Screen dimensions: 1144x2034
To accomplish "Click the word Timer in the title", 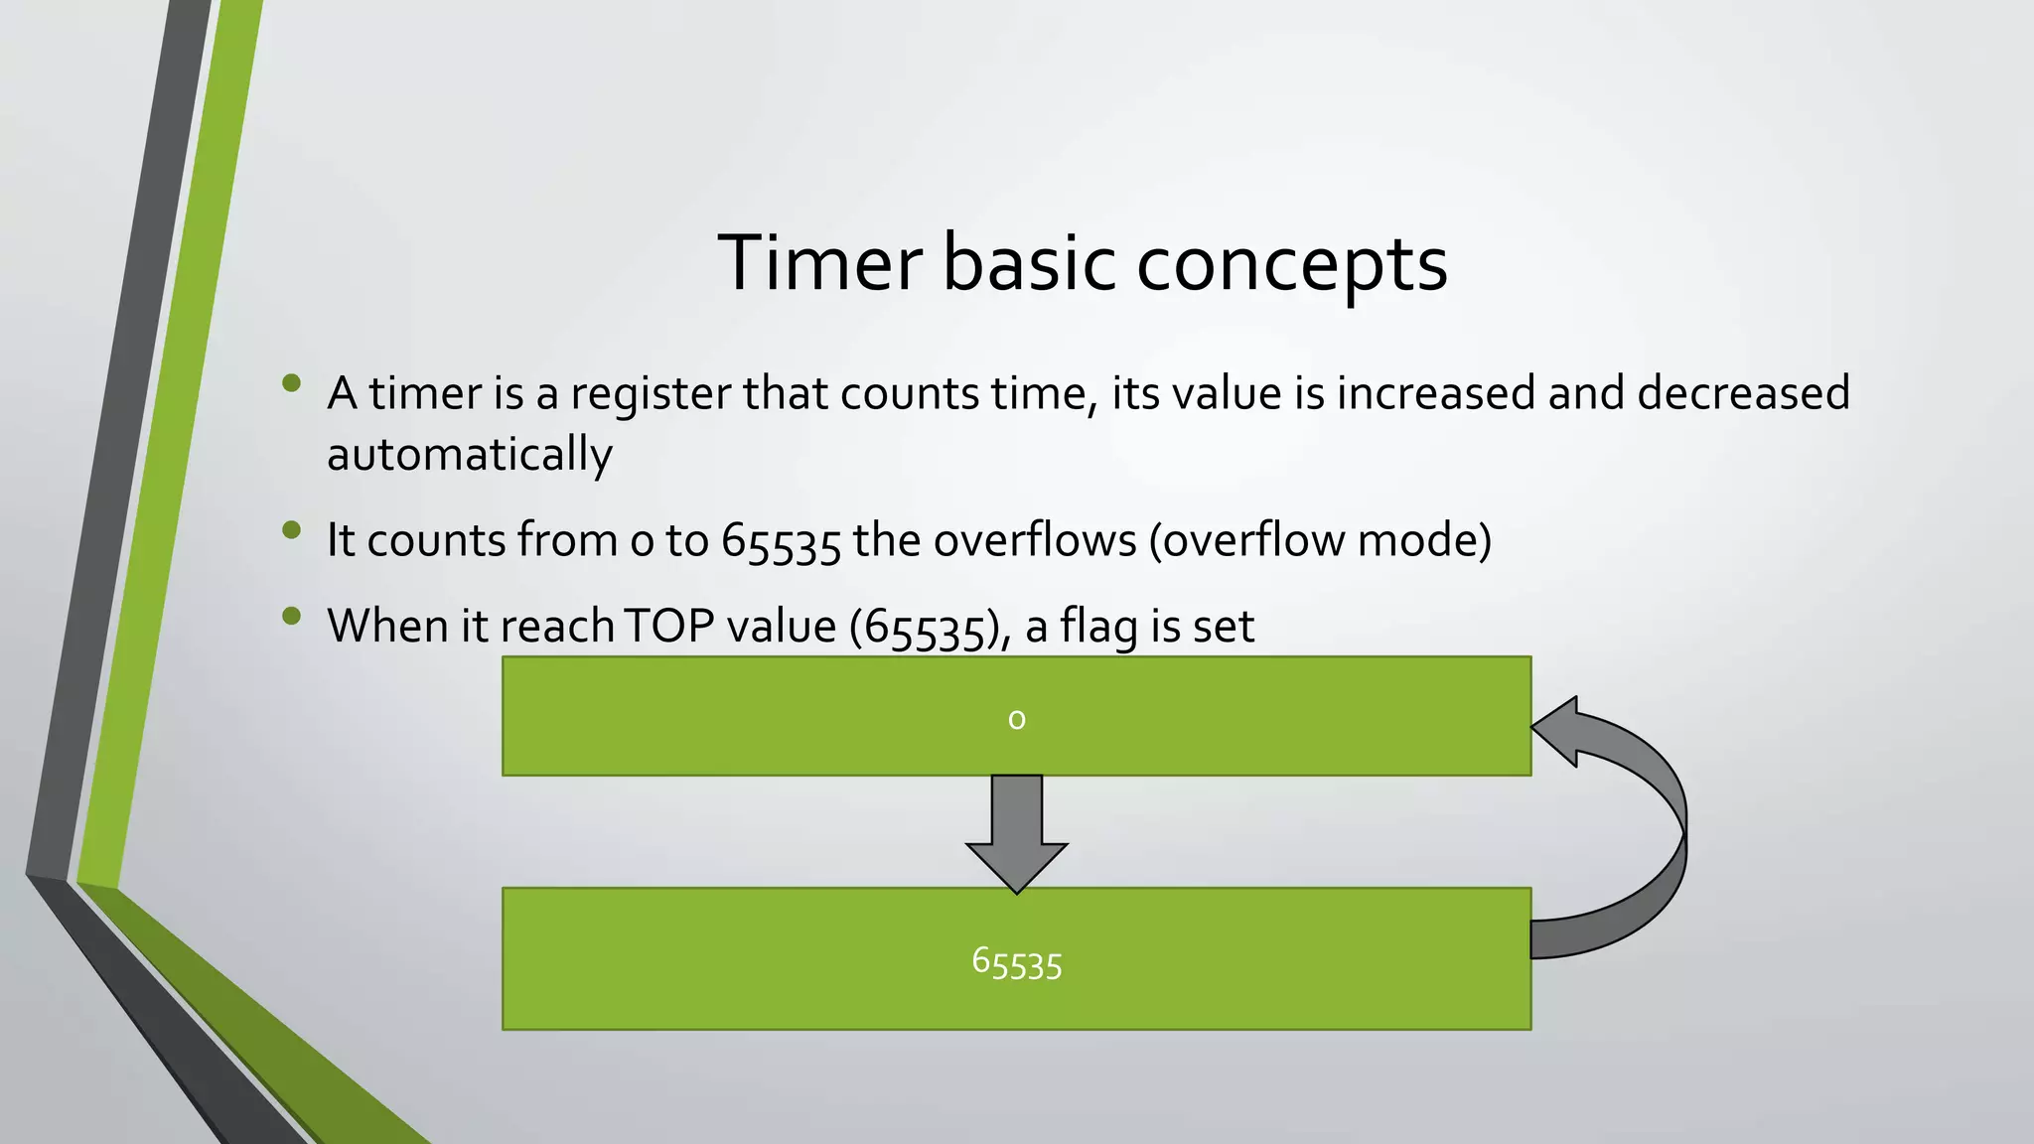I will tap(819, 263).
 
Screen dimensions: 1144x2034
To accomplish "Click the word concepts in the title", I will tap(1291, 265).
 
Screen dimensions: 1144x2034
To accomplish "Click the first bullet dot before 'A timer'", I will tap(291, 383).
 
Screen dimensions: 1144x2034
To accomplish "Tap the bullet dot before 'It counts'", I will tap(291, 530).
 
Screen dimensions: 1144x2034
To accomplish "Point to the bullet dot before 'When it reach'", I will tap(291, 617).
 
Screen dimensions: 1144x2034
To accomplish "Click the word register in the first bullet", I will tap(651, 394).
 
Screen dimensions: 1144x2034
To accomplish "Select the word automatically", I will tap(469, 455).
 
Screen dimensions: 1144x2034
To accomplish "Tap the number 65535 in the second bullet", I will tap(781, 542).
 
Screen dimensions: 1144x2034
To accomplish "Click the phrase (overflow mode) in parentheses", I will tap(1320, 541).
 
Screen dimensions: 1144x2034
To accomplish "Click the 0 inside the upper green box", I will tap(1016, 718).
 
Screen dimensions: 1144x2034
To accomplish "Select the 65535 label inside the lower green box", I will tap(1016, 962).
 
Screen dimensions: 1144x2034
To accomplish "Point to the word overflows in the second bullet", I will tap(1034, 541).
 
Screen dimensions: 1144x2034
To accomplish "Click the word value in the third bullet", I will tap(781, 627).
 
